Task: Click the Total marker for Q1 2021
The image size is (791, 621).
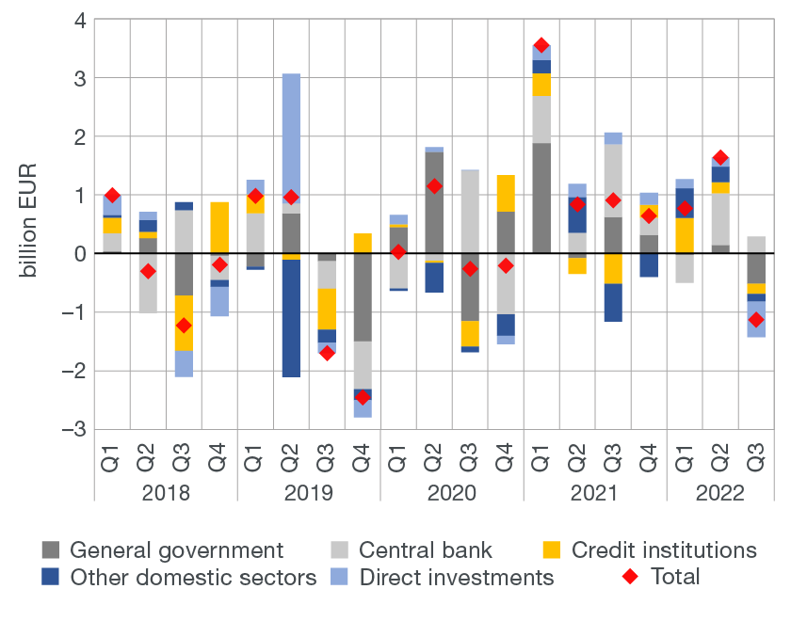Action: click(541, 45)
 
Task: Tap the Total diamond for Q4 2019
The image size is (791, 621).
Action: click(363, 397)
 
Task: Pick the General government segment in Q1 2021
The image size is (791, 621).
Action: click(541, 198)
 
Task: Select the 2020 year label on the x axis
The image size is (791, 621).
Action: click(452, 493)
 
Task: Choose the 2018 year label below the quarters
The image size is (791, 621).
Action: click(166, 493)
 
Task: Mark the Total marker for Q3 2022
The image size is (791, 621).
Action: click(756, 320)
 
